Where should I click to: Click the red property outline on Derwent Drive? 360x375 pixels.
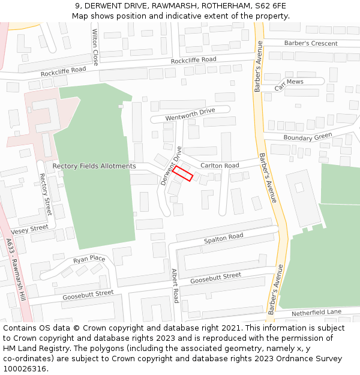click(183, 173)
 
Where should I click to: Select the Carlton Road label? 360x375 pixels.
click(220, 165)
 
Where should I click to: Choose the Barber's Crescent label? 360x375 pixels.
click(311, 43)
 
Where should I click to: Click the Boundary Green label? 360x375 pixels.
click(308, 137)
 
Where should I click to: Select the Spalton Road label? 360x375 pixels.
click(223, 238)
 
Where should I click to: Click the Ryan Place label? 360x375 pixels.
click(89, 260)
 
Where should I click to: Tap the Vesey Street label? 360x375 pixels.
click(29, 229)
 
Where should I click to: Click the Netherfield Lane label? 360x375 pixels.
click(316, 313)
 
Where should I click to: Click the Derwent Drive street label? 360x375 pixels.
click(171, 165)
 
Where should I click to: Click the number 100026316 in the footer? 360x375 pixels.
click(25, 368)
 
